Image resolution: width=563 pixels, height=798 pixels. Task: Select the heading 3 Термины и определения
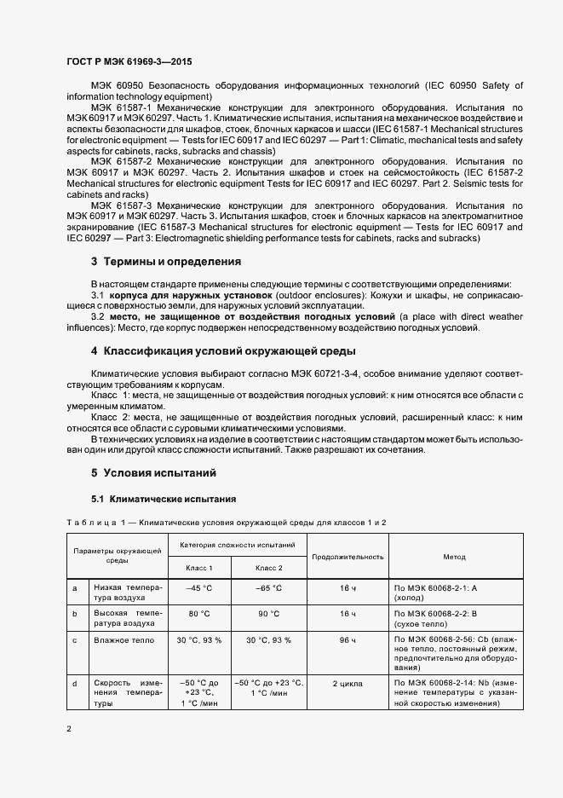[x=165, y=262]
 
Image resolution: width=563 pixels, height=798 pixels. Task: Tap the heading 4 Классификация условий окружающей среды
[x=223, y=351]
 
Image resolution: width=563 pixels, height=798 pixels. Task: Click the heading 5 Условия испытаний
[x=153, y=472]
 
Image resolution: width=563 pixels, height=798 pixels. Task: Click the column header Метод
[x=453, y=557]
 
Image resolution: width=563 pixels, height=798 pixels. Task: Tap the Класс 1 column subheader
[x=198, y=567]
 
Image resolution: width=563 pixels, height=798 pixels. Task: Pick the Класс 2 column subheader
[x=268, y=567]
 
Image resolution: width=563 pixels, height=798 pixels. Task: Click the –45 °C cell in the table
[x=198, y=588]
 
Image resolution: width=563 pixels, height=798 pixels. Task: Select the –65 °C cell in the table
[x=268, y=588]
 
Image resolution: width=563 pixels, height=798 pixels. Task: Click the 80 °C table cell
[x=198, y=613]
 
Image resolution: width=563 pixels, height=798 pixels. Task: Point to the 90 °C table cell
[x=268, y=613]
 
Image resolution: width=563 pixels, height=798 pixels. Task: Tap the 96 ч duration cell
[x=347, y=639]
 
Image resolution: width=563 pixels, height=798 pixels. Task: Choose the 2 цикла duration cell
[x=347, y=683]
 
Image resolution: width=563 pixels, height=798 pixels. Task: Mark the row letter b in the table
[x=75, y=613]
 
